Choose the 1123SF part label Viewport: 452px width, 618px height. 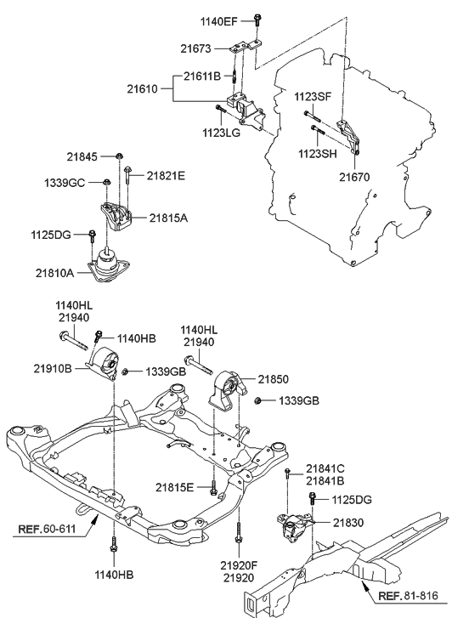pos(312,98)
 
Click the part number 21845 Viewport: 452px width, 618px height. pos(84,156)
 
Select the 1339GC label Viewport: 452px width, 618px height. pos(65,182)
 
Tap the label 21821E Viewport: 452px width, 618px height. pos(165,175)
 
